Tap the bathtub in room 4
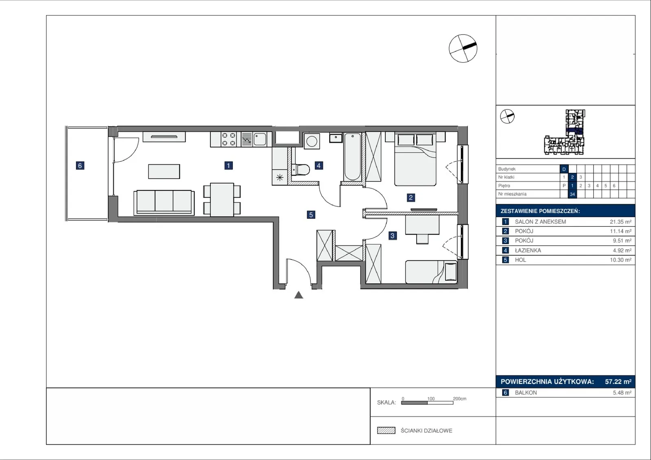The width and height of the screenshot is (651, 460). tap(352, 157)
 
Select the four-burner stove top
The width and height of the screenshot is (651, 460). tap(229, 139)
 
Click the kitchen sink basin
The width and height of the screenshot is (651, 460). tap(260, 139)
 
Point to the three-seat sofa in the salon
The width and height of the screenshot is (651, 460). tap(164, 203)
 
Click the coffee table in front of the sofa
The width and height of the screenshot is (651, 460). tap(164, 172)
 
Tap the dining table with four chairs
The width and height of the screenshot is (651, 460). tap(222, 200)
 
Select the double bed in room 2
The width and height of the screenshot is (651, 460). tap(415, 159)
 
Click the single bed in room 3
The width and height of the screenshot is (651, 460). tap(431, 272)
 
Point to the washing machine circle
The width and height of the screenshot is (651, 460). tap(312, 142)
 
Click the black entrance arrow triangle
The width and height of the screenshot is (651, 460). tap(299, 295)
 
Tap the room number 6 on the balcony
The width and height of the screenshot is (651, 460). tap(80, 166)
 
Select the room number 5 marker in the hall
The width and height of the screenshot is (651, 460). tap(311, 215)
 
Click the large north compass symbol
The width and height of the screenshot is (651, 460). tap(463, 48)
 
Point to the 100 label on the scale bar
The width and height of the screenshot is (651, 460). tap(431, 399)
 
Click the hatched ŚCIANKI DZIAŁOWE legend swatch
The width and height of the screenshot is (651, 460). tap(386, 430)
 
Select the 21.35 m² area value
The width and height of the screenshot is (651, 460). tap(620, 222)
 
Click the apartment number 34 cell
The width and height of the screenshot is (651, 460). tap(572, 194)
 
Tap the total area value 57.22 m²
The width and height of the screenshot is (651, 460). tap(618, 382)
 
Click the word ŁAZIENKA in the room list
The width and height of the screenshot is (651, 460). tap(528, 250)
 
